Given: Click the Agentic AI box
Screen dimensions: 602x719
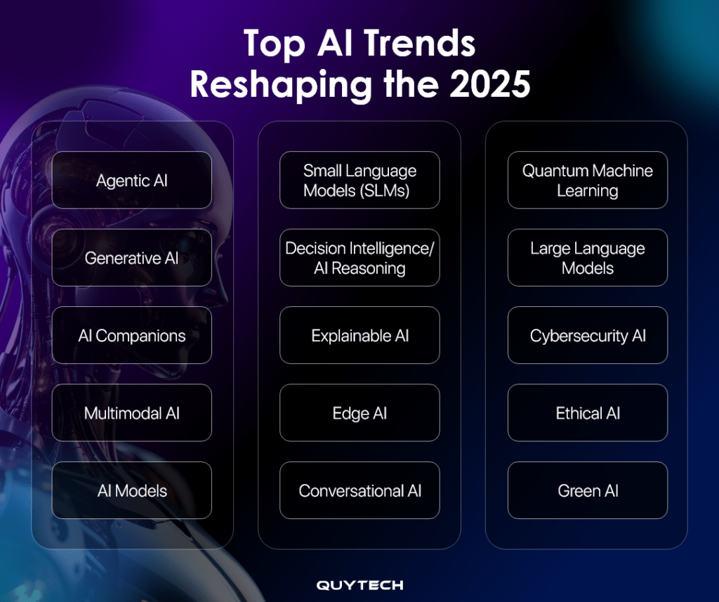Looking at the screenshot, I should pyautogui.click(x=132, y=181).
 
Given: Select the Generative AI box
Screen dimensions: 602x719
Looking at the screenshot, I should pyautogui.click(x=132, y=258).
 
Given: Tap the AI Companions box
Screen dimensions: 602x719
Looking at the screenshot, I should pyautogui.click(x=132, y=335).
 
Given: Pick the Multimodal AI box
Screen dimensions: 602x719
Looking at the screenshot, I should pyautogui.click(x=132, y=413).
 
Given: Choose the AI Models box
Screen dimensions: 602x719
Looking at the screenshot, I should pyautogui.click(x=132, y=490).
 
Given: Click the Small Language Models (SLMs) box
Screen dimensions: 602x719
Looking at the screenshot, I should pyautogui.click(x=359, y=181).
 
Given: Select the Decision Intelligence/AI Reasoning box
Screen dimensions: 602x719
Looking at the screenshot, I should pyautogui.click(x=359, y=258).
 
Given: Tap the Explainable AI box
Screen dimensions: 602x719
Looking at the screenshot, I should pyautogui.click(x=359, y=335).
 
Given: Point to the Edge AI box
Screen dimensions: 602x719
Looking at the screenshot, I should pyautogui.click(x=359, y=413).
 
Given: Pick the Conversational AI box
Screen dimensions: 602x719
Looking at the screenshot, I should pyautogui.click(x=359, y=490).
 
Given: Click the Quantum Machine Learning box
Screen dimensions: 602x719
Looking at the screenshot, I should pyautogui.click(x=587, y=181).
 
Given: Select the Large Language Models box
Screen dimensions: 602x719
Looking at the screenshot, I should pyautogui.click(x=587, y=258).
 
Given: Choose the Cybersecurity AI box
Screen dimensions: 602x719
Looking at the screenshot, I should pyautogui.click(x=587, y=335).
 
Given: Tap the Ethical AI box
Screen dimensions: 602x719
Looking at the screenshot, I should pyautogui.click(x=587, y=413).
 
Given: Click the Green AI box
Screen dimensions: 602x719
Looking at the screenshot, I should pyautogui.click(x=587, y=490).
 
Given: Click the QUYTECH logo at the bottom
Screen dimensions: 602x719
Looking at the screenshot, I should pyautogui.click(x=359, y=585).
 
